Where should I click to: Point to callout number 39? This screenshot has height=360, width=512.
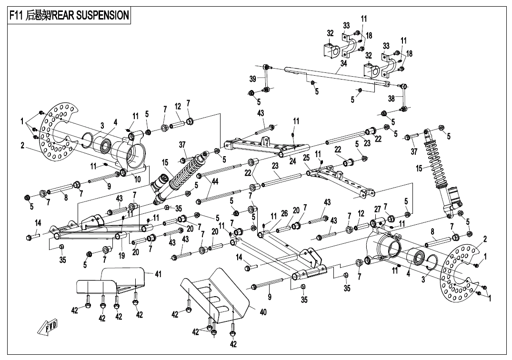click(252, 79)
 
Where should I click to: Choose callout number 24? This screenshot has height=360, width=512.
click(293, 161)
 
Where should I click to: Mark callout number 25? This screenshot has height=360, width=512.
click(306, 158)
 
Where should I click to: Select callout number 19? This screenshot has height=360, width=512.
click(122, 256)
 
